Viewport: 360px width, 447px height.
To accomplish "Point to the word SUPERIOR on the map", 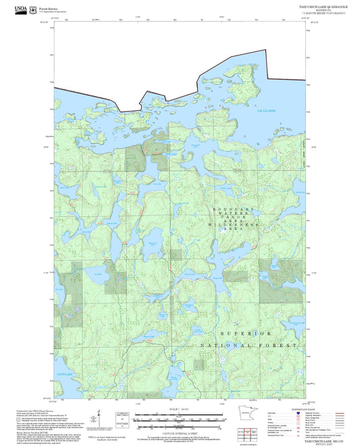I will (246, 333).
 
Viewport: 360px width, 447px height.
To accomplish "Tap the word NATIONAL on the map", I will (222, 345).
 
